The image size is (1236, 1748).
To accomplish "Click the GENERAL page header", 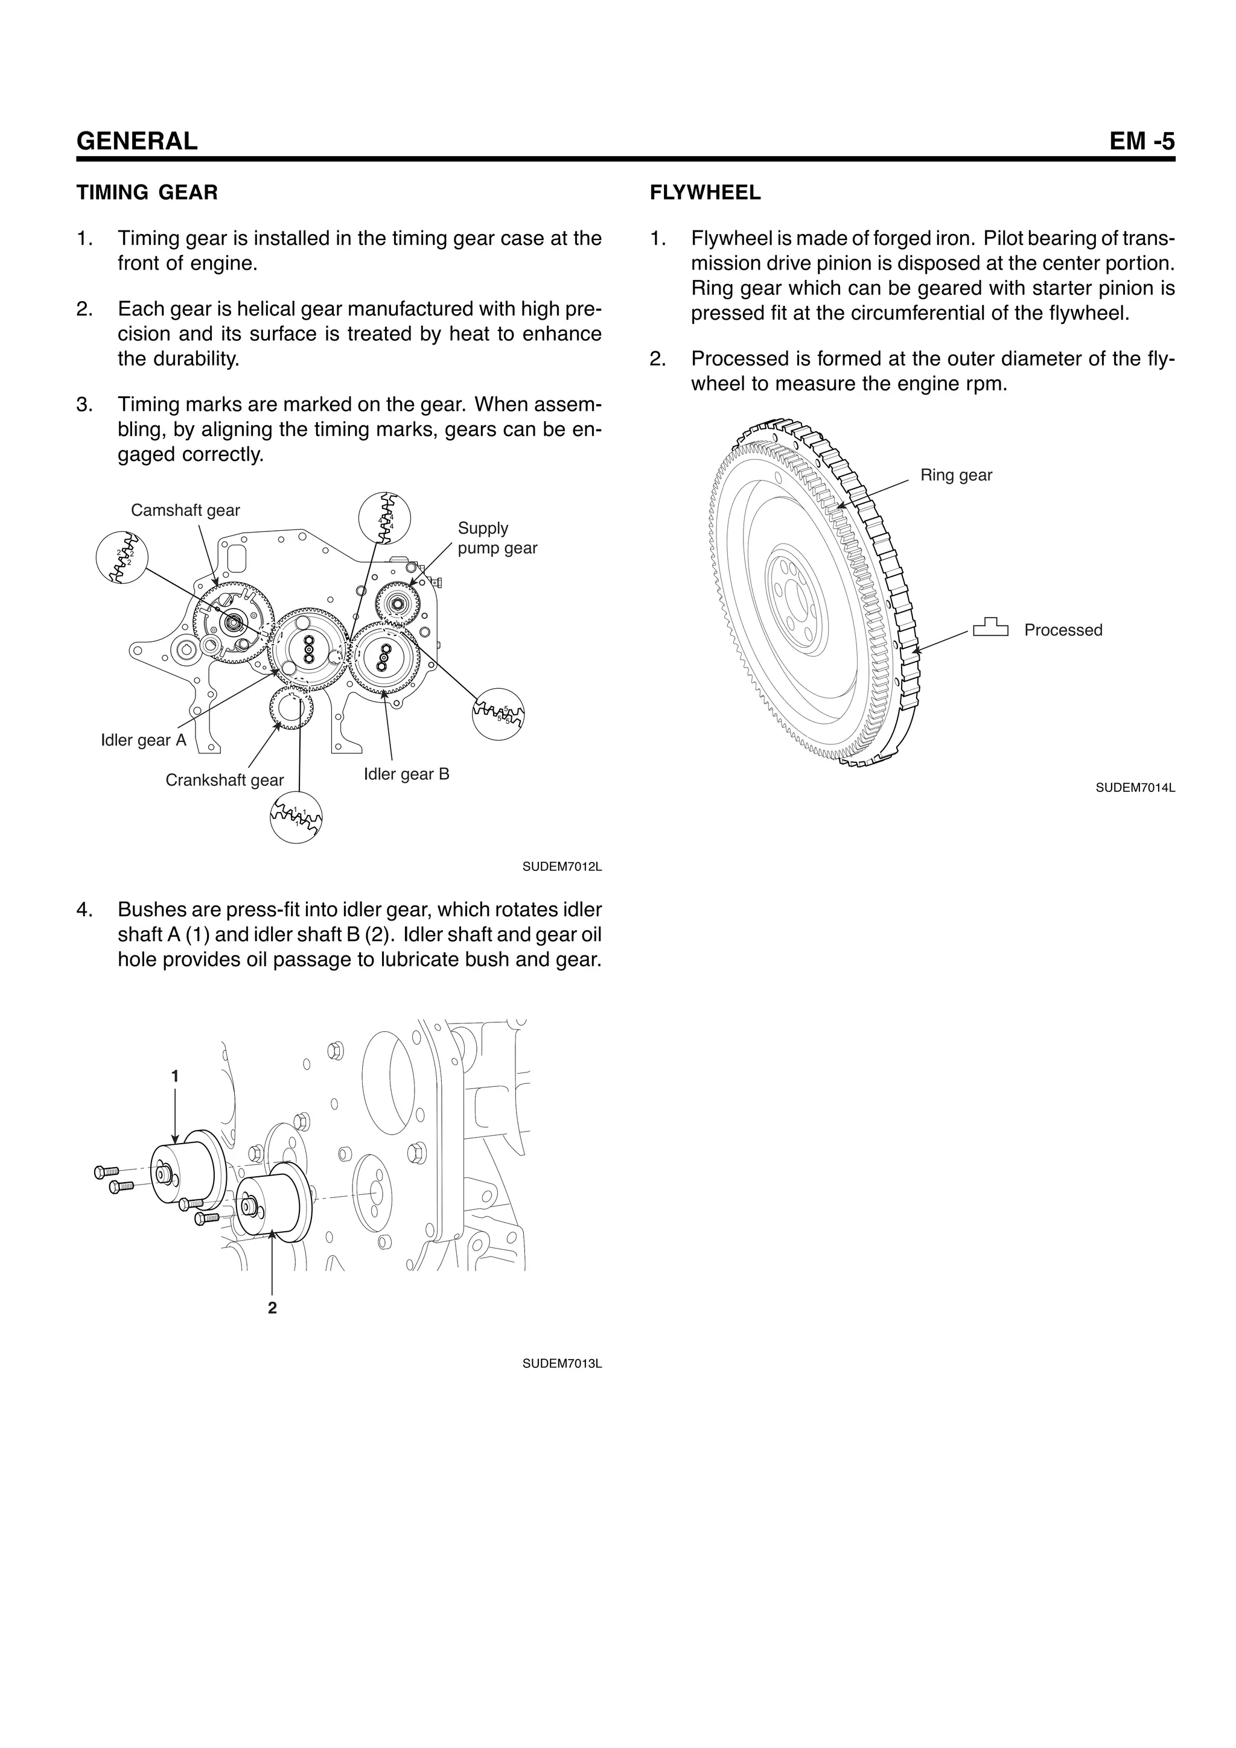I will click(137, 141).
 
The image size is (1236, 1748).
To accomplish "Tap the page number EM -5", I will click(1142, 141).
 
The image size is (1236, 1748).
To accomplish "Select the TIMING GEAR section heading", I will click(147, 192).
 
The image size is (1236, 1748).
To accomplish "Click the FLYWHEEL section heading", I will click(705, 192).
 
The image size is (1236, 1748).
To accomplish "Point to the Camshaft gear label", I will click(185, 510).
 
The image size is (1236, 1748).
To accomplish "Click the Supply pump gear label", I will click(497, 538).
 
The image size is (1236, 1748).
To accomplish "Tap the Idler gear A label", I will click(143, 740).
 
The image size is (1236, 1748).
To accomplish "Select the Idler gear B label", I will click(406, 774).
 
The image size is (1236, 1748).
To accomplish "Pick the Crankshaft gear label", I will click(224, 781).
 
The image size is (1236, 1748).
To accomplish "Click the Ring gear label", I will click(956, 475).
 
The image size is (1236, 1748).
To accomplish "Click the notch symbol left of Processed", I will click(990, 627).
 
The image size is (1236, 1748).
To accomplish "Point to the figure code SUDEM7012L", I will click(561, 866).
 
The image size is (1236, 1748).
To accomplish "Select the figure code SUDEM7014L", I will click(1135, 788).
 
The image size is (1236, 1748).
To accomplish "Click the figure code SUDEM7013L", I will click(561, 1364).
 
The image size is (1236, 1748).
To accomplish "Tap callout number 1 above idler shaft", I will click(175, 1077).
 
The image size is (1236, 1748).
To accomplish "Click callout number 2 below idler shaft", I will click(272, 1308).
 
